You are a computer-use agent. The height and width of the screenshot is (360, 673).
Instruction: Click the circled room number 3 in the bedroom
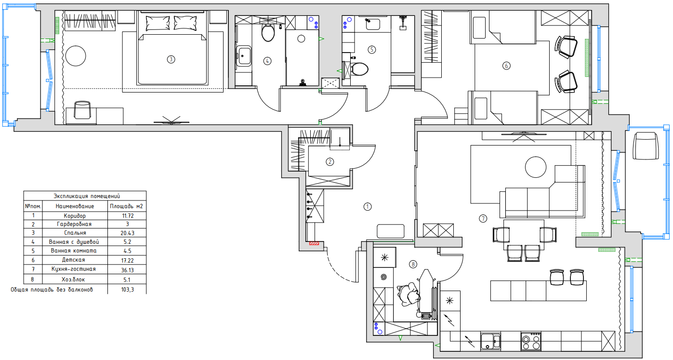coord(171,59)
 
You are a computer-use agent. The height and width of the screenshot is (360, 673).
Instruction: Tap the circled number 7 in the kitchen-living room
coord(483,218)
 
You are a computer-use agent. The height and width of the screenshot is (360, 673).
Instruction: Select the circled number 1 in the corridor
coord(368,207)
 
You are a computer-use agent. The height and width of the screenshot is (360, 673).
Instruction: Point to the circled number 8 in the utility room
coord(413,265)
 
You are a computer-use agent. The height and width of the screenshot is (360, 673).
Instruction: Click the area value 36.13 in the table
coord(127,270)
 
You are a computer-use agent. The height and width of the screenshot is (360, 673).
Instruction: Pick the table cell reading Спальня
coord(75,233)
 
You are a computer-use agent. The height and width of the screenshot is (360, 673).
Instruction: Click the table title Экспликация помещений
coord(87,196)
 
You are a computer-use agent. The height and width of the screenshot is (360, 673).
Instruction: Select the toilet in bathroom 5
coord(359,69)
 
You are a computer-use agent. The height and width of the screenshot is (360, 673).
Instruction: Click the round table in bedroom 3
coord(76,56)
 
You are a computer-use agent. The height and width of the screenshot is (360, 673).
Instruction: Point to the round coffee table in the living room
coord(536,167)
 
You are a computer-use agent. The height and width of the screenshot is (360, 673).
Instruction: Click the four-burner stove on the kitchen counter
coord(531,342)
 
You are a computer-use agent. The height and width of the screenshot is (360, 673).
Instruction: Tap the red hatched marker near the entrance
coord(314,243)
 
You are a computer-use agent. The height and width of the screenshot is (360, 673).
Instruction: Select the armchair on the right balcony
coord(646,146)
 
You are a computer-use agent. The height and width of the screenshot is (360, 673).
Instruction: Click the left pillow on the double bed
coord(158,23)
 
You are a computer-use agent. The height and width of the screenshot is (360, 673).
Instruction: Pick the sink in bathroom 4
coord(244,56)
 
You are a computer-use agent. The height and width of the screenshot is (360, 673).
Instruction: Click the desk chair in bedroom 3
coord(82,110)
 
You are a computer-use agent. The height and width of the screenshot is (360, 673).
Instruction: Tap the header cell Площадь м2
coord(127,206)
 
